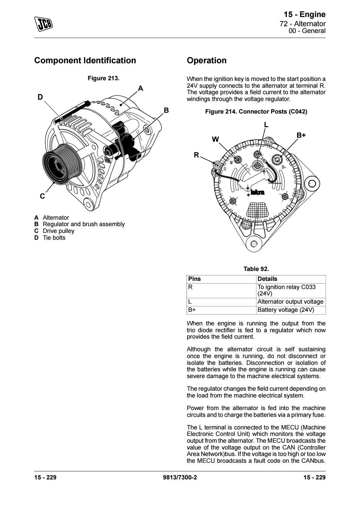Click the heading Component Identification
pyautogui.click(x=85, y=61)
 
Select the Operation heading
pyautogui.click(x=207, y=61)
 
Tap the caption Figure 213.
pyautogui.click(x=104, y=78)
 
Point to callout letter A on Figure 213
pyautogui.click(x=141, y=89)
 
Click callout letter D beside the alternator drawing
pyautogui.click(x=40, y=97)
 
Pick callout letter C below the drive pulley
pyautogui.click(x=42, y=196)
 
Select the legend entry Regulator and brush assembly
pyautogui.click(x=84, y=224)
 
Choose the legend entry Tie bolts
pyautogui.click(x=54, y=238)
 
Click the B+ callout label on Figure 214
pyautogui.click(x=301, y=135)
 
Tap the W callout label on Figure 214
pyautogui.click(x=216, y=139)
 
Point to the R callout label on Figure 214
pyautogui.click(x=196, y=155)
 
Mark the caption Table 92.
pyautogui.click(x=256, y=269)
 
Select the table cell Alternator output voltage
pyautogui.click(x=290, y=302)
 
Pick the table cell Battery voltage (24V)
pyautogui.click(x=286, y=310)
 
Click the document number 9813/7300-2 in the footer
pyautogui.click(x=180, y=477)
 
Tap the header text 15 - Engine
pyautogui.click(x=305, y=14)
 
